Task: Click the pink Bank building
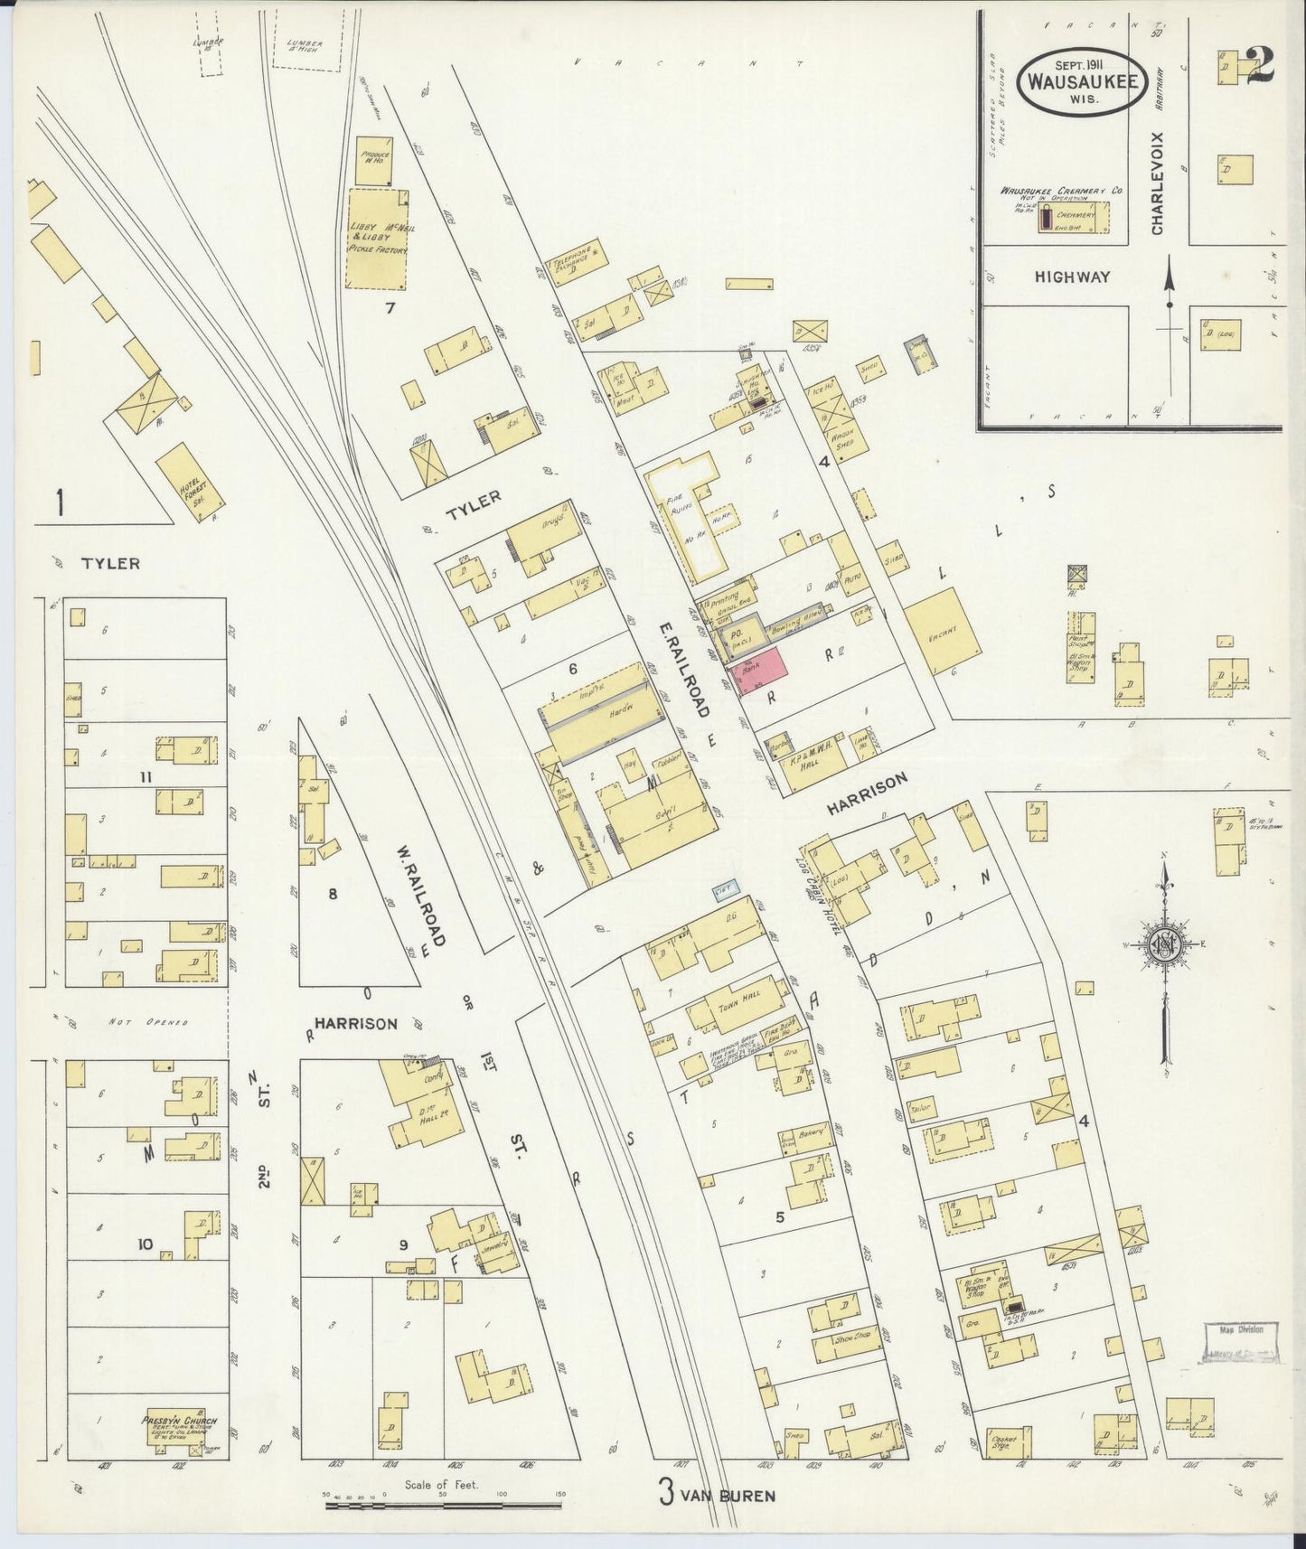pyautogui.click(x=762, y=671)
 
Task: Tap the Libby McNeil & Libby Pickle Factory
pyautogui.click(x=381, y=238)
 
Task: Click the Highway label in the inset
pyautogui.click(x=1071, y=277)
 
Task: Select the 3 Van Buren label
pyautogui.click(x=716, y=1495)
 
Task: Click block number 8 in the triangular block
pyautogui.click(x=333, y=894)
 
